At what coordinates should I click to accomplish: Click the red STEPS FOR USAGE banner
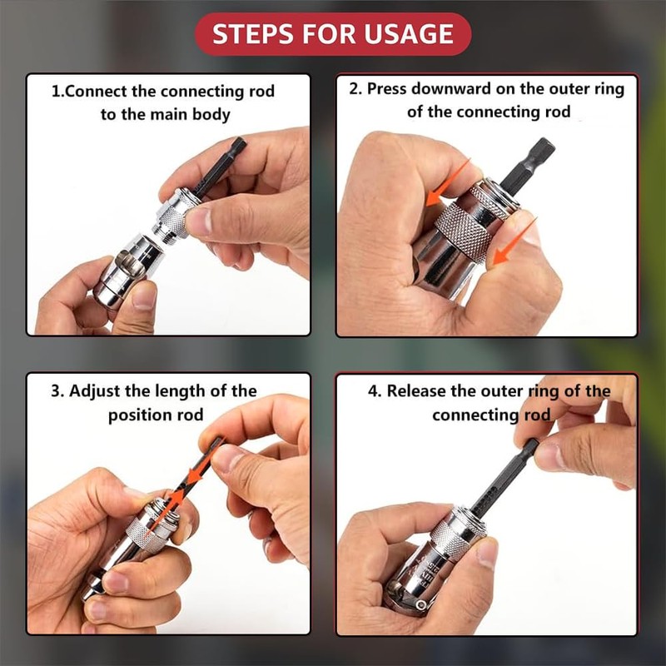(333, 34)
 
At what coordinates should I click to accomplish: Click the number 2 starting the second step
(355, 89)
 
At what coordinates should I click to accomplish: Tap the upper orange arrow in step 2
(448, 182)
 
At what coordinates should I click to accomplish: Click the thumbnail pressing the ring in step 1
(199, 221)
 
